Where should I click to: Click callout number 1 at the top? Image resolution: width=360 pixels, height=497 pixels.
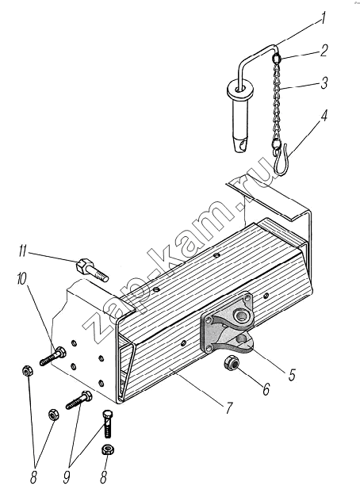coord(323,18)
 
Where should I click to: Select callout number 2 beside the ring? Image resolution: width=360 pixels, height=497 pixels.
coord(324,51)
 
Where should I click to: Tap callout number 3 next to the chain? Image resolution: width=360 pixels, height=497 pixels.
coord(324,82)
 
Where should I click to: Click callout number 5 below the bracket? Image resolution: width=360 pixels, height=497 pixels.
coord(292,374)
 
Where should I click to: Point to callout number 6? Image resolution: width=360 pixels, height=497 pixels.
coord(266,388)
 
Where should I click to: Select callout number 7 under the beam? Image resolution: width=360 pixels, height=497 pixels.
coord(229,408)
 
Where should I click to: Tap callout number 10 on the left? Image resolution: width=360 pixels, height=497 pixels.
coord(23,279)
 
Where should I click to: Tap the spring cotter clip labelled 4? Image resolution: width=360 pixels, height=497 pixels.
coord(281,159)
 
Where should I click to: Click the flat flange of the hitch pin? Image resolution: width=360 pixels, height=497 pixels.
coord(240,90)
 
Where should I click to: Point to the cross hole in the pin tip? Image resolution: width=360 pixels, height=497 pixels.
coord(243,146)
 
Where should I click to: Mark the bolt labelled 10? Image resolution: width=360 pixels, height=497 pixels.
coord(52,356)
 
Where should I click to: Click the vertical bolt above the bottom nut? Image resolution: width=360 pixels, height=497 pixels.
coord(108,424)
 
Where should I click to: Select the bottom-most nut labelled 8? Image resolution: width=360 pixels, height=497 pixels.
coord(107,450)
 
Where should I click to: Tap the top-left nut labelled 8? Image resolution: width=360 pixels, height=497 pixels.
coord(28,371)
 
